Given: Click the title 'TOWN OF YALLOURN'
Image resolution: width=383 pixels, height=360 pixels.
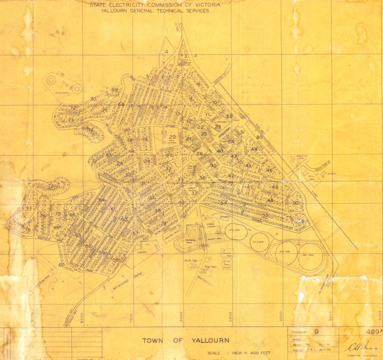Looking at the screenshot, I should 186,341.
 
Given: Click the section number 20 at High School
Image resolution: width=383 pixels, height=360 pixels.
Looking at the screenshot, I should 172,137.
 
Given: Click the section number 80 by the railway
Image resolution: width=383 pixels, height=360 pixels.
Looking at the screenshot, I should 259,137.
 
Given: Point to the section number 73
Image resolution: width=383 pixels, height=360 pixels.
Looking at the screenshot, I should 71,120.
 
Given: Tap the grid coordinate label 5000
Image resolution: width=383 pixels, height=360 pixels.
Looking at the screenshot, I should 231,316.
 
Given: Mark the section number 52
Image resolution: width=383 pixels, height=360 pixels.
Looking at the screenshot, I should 229,116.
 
